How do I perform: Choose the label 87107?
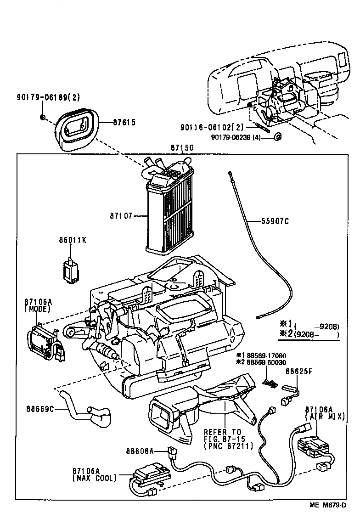tap(121, 215)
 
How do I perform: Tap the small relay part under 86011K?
tap(70, 269)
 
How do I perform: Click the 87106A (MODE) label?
tap(38, 305)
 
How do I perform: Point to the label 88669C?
tap(40, 408)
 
